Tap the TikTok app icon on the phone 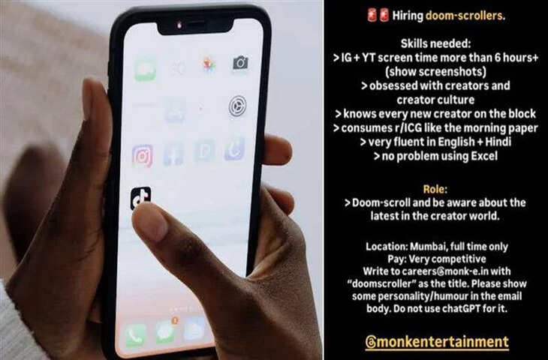pyautogui.click(x=141, y=198)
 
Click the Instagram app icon pyautogui.click(x=142, y=156)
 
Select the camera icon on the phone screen pyautogui.click(x=240, y=63)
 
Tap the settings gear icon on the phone pyautogui.click(x=238, y=106)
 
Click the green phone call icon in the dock pyautogui.click(x=135, y=335)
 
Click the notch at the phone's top pyautogui.click(x=196, y=25)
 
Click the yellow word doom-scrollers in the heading pyautogui.click(x=465, y=16)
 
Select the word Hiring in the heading pyautogui.click(x=408, y=16)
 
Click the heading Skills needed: pyautogui.click(x=435, y=43)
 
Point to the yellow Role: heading pyautogui.click(x=435, y=189)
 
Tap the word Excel pyautogui.click(x=484, y=156)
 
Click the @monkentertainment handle pyautogui.click(x=437, y=342)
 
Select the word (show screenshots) pyautogui.click(x=435, y=71)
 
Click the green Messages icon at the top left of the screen pyautogui.click(x=145, y=70)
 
